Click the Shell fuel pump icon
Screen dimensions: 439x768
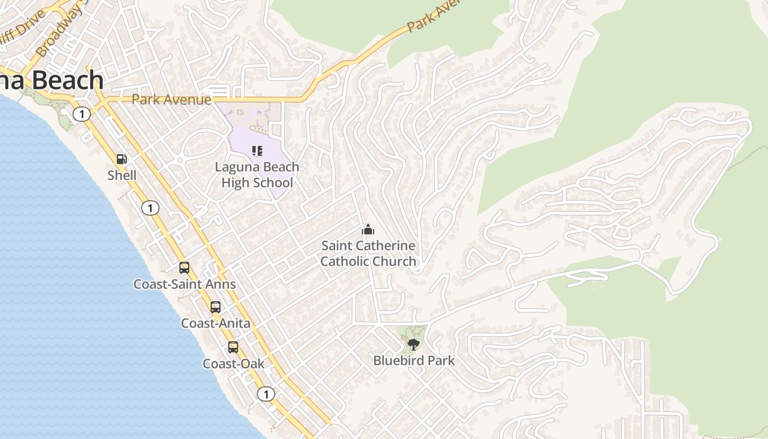[x=122, y=159]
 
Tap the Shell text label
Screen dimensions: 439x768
[x=122, y=176]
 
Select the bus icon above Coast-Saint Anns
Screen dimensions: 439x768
[x=184, y=268]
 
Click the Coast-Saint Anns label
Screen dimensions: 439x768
[x=185, y=284]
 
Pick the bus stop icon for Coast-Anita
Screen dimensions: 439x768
[x=216, y=307]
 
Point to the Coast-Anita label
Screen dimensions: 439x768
[x=216, y=324]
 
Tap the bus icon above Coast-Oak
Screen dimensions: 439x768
[x=233, y=347]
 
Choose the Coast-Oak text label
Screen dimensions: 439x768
[x=234, y=364]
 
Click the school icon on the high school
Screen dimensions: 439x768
[x=257, y=150]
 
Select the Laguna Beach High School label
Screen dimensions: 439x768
[x=257, y=175]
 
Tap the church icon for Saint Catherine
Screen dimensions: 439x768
[x=368, y=229]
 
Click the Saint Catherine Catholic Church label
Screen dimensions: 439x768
[x=368, y=254]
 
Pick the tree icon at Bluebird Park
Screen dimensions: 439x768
[x=414, y=345]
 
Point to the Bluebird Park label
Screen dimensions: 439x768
[x=414, y=361]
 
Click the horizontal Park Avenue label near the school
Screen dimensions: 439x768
[x=171, y=100]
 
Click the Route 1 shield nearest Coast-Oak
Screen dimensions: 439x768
[x=266, y=394]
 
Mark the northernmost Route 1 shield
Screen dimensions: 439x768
[x=82, y=114]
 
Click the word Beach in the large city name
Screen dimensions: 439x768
[x=68, y=80]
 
